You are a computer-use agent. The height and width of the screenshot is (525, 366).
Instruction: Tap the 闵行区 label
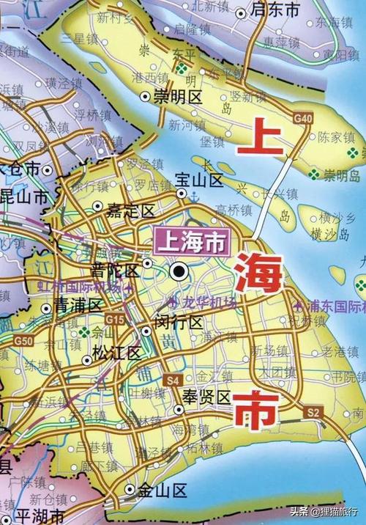[x=179, y=320]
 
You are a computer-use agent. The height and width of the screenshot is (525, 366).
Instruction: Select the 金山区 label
[x=165, y=491]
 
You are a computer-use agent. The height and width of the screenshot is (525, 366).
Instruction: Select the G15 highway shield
[x=114, y=320]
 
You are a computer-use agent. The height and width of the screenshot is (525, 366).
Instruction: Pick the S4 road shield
[x=173, y=380]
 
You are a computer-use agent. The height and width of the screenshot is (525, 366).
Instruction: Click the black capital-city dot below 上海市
[x=178, y=271]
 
